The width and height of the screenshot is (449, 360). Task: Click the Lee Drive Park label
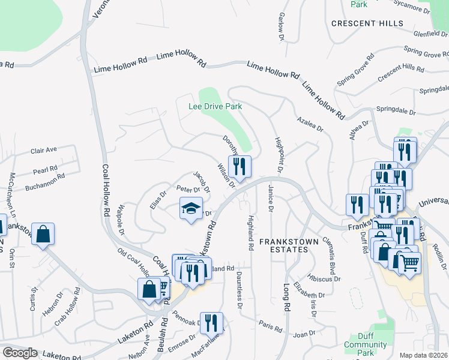215,106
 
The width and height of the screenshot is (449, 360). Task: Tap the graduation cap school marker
191,209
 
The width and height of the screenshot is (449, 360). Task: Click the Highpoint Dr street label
279,158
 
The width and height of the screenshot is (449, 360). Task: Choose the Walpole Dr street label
121,221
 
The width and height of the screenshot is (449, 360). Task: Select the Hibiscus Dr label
325,278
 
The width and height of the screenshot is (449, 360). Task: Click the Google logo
20,353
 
